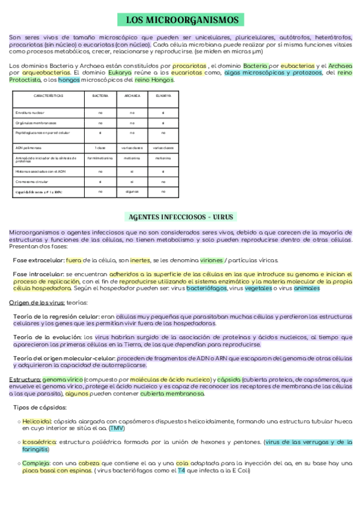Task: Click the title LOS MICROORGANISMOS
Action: pyautogui.click(x=182, y=20)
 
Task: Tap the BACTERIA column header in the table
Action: pyautogui.click(x=100, y=96)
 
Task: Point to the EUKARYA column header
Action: pyautogui.click(x=163, y=96)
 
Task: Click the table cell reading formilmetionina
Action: pyautogui.click(x=100, y=159)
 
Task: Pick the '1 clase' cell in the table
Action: pyautogui.click(x=100, y=147)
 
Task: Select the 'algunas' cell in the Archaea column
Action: pyautogui.click(x=132, y=191)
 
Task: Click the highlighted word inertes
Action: pyautogui.click(x=140, y=260)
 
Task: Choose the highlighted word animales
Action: pyautogui.click(x=307, y=288)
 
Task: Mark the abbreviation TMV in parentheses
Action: pyautogui.click(x=118, y=428)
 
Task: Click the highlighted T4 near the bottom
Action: pyautogui.click(x=181, y=470)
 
